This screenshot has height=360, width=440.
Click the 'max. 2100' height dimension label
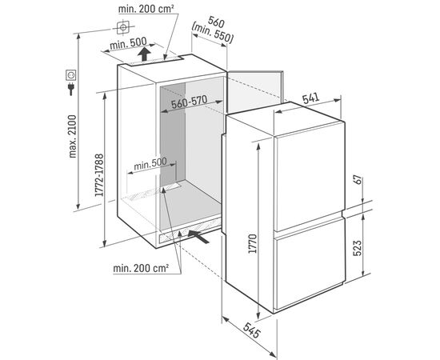(73, 136)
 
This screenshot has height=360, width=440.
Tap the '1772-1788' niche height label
(99, 175)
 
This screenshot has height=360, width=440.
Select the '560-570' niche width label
(190, 102)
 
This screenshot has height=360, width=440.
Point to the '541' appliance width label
(311, 98)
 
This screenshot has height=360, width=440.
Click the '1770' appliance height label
(253, 243)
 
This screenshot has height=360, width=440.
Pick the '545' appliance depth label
(252, 330)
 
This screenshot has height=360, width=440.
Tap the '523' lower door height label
(357, 248)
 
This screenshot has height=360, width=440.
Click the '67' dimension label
(358, 180)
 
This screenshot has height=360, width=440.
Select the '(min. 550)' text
(213, 33)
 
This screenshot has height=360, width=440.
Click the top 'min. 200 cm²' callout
(146, 9)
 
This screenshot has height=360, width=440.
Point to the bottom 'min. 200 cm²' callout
(141, 268)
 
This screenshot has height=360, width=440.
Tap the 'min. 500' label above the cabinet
(128, 44)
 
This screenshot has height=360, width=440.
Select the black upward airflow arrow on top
(144, 54)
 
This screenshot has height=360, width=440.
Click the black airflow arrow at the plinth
(198, 237)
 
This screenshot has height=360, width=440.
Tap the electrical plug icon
(70, 89)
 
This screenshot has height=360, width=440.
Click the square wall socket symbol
(71, 75)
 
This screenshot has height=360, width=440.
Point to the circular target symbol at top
(123, 27)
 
